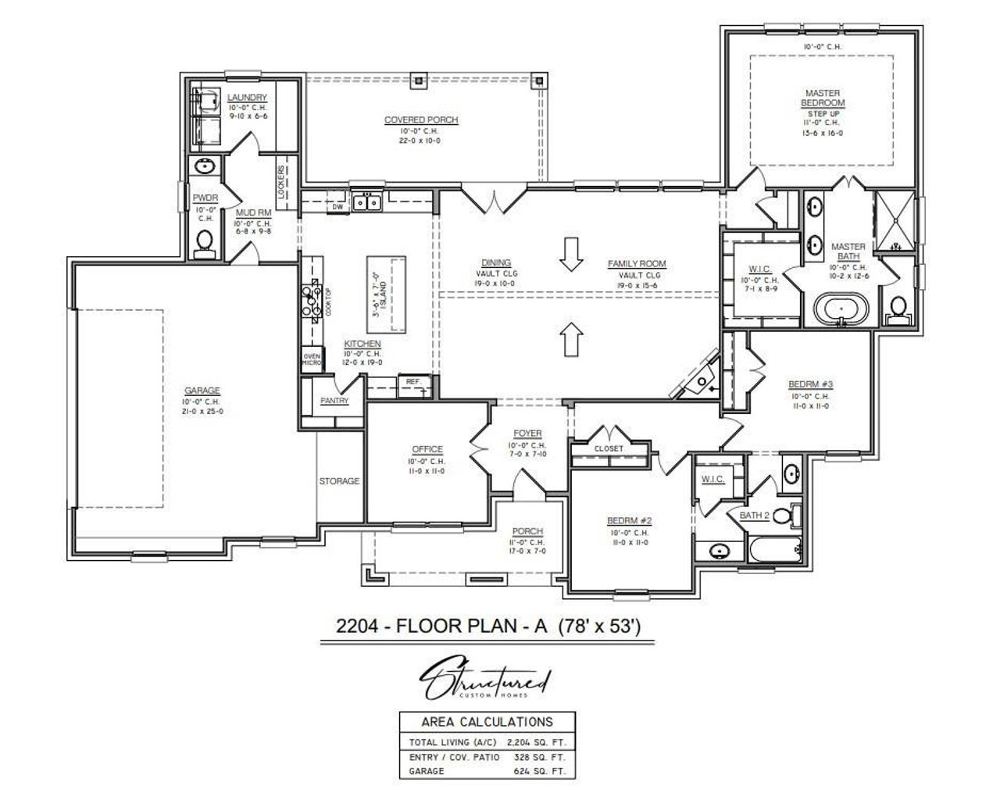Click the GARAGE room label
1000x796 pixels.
(202, 391)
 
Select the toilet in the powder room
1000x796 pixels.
(205, 243)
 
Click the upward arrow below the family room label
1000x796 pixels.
(572, 338)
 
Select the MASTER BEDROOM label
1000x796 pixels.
(823, 98)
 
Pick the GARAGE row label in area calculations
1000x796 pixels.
(427, 771)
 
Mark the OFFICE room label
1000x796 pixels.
(427, 449)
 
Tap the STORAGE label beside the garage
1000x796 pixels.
(339, 481)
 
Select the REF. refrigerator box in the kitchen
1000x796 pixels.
(412, 382)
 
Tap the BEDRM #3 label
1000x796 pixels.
(810, 384)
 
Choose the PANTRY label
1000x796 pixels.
(334, 401)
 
